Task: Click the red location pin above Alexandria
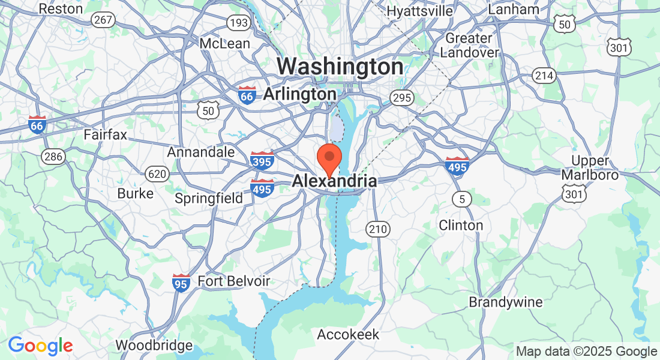(x=329, y=158)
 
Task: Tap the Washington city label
(x=340, y=67)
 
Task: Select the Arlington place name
(x=299, y=94)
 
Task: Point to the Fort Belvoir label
(x=233, y=281)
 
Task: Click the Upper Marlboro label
(x=590, y=168)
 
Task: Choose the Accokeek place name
(x=348, y=334)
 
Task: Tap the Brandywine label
(x=506, y=301)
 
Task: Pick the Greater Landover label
(x=469, y=45)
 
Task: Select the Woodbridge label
(x=154, y=345)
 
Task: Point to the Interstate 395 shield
(x=262, y=160)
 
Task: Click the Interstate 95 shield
(x=181, y=282)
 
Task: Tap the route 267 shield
(x=103, y=20)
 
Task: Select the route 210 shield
(x=378, y=229)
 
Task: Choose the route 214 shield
(x=544, y=76)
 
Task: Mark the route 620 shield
(x=157, y=174)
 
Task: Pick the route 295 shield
(x=401, y=98)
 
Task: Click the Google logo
(x=40, y=346)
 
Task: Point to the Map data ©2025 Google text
(x=586, y=352)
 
